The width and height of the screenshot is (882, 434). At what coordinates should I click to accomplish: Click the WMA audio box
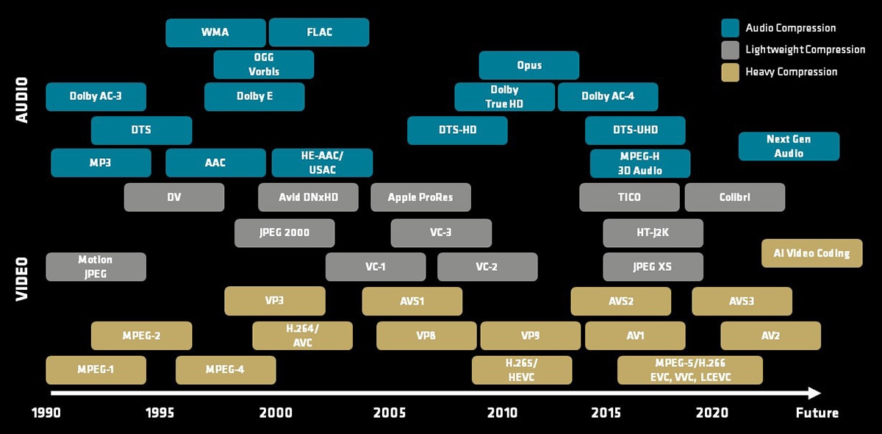coord(215,32)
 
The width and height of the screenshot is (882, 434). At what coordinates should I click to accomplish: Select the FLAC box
coord(319,32)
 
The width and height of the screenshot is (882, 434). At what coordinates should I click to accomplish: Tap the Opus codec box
coord(528,65)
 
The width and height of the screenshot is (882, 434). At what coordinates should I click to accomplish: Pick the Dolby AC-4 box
coord(608,96)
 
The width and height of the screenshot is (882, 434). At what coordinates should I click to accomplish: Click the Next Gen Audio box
coord(789,146)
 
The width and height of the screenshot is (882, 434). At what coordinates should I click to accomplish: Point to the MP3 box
coord(101,163)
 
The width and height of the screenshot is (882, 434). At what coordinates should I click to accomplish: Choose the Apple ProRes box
coord(420,197)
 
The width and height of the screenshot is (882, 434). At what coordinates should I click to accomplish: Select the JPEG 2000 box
coord(284,233)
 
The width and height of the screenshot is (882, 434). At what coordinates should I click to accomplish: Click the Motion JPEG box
coord(96,267)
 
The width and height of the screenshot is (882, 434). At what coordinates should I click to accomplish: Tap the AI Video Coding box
coord(811,253)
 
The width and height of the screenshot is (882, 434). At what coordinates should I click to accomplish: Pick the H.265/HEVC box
coord(522,370)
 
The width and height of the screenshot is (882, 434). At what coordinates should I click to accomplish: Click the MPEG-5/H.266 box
coord(690,370)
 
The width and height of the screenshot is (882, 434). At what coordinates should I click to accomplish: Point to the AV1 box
coord(635,336)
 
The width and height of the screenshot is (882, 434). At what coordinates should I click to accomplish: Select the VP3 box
coord(275,301)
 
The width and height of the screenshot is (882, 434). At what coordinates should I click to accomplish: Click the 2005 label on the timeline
coord(390,413)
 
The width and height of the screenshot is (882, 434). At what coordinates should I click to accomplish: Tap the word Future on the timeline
coord(817,413)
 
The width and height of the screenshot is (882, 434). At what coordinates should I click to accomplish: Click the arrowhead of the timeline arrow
coord(814,393)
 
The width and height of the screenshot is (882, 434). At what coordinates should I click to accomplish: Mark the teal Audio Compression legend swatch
coord(730,28)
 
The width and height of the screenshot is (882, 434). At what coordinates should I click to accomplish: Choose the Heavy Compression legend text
coord(792,72)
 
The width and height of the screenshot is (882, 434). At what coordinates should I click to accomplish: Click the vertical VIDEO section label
coord(21,279)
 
